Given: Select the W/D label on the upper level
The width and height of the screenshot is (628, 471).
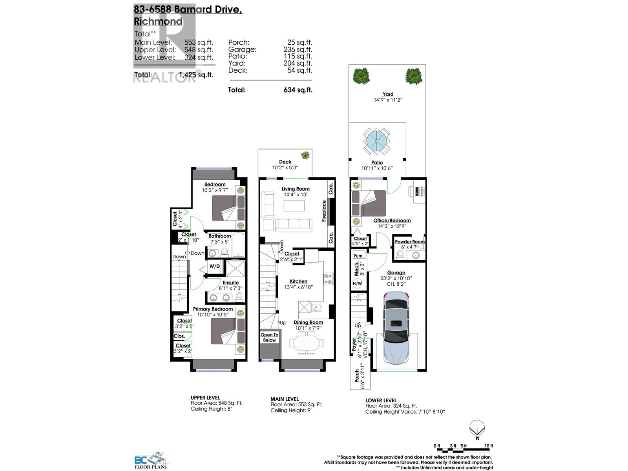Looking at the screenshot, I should point(214,267).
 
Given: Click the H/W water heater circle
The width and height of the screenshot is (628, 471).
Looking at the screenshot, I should point(357,283).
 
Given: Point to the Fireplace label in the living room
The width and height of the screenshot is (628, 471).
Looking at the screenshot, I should point(324,211).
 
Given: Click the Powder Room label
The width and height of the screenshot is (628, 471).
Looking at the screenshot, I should point(409,242).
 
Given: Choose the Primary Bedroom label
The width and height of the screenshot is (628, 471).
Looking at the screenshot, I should point(213,309).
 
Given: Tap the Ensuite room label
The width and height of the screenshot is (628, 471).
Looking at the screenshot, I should point(230,283).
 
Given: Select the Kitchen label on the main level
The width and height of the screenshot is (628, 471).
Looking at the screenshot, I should point(298,281).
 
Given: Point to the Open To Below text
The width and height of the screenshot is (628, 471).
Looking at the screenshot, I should point(269,338).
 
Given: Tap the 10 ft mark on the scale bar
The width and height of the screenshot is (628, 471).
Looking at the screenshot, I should point(489,446).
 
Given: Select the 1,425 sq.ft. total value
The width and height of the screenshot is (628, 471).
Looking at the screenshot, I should point(196,75).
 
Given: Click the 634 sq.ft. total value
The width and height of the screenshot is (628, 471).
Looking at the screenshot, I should point(298,90).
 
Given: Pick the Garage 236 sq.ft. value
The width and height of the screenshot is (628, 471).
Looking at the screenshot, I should point(298,49).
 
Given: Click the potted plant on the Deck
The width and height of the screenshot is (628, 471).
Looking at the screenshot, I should point(305,155).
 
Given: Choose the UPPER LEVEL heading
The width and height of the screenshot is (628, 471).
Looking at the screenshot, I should point(205,398).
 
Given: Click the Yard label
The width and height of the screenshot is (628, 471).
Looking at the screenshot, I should point(388,94).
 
